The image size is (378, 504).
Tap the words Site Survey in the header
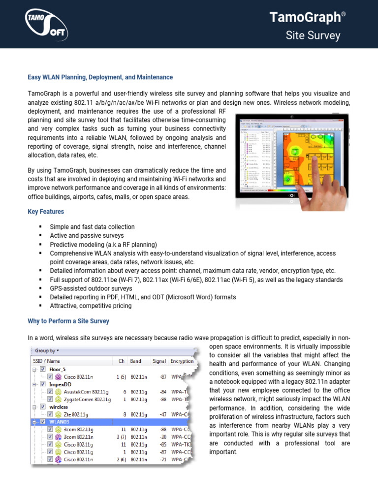coord(313,35)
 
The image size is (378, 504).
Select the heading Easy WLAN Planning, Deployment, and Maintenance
coord(100,77)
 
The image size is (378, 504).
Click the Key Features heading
coord(45,212)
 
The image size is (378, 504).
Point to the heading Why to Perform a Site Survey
coord(68,321)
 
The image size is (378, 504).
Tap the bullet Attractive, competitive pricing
coord(91,306)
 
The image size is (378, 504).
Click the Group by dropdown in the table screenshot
coord(47,350)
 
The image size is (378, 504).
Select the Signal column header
coord(159,361)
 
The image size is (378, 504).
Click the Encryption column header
coord(182,361)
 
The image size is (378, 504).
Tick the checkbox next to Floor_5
coord(42,369)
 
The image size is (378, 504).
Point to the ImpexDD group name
coord(61,384)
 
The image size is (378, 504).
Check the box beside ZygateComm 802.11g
coord(50,399)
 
